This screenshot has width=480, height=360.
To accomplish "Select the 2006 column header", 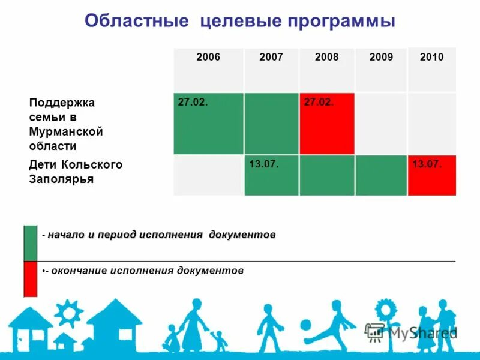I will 208,58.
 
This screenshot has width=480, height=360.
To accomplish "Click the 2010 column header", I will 431,58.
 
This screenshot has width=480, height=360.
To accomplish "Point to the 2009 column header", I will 381,58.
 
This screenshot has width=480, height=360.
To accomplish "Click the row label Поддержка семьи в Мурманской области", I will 66,124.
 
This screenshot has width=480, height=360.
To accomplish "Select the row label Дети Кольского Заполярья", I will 76,172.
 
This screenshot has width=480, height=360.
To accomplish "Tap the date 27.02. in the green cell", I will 193,103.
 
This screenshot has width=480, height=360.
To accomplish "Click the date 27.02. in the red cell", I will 319,103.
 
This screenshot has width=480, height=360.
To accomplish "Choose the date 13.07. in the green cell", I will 264,164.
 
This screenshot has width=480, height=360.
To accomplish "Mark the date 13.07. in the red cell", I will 427,164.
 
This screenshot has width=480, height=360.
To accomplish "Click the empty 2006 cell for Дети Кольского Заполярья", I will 208,175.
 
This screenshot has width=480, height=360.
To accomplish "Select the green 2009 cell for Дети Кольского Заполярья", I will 381,175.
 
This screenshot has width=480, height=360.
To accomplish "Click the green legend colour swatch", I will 30,243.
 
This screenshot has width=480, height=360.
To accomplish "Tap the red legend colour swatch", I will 30,279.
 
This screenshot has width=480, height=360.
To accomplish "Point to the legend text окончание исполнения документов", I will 147,271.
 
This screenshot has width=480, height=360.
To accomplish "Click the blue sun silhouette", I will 69,313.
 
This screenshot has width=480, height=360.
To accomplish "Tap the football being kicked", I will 305,325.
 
